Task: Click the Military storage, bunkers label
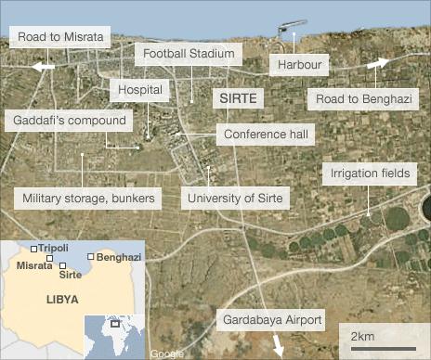[x=88, y=198]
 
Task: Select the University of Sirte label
[x=238, y=198]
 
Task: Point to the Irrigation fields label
[x=369, y=174]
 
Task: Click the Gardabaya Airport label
[x=272, y=320]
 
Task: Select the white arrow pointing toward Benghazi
[x=380, y=62]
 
